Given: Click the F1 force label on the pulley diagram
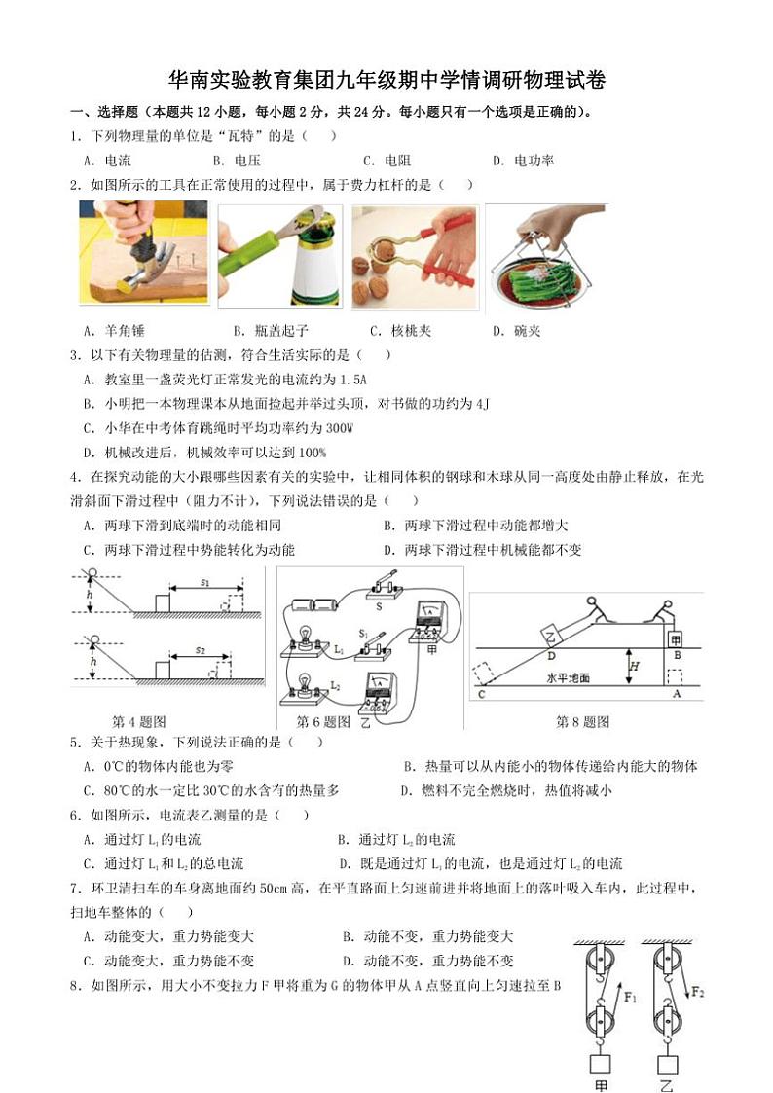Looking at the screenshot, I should (630, 997).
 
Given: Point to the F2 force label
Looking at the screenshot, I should (700, 992).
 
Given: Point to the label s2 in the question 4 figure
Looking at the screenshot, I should (200, 647).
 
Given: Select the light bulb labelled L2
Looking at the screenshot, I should (304, 684).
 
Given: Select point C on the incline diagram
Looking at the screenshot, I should (480, 694).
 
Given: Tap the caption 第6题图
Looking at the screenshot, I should (323, 722).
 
